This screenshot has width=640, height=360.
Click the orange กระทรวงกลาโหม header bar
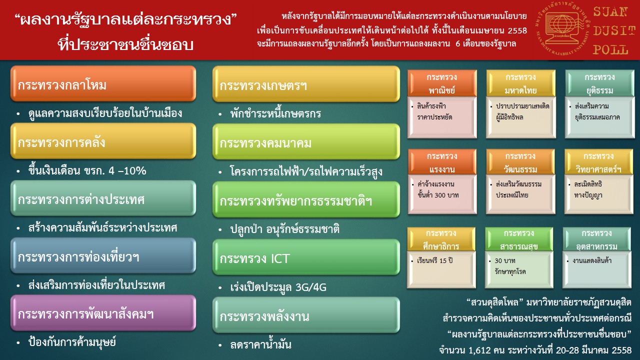(x=103, y=83)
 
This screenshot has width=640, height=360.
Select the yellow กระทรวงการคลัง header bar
(x=103, y=141)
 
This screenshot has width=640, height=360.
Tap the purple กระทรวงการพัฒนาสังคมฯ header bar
(x=103, y=313)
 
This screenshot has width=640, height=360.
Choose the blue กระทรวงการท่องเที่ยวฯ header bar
(x=103, y=255)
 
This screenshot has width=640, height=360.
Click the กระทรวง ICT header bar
(x=306, y=257)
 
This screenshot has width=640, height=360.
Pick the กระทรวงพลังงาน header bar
(x=306, y=315)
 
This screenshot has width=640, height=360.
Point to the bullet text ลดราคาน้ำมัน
(x=260, y=344)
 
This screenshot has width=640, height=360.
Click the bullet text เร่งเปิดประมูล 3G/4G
(x=278, y=287)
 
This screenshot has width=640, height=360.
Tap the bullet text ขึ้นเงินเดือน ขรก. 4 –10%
(x=87, y=170)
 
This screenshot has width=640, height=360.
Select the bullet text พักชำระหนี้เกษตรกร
(x=275, y=113)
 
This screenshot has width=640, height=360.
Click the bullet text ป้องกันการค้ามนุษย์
(x=72, y=341)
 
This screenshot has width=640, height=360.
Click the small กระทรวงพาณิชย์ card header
(x=442, y=83)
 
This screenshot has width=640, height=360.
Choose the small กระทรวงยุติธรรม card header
(x=599, y=83)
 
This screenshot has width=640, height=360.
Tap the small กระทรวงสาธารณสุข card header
(x=519, y=239)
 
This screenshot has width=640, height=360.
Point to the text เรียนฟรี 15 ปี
(x=435, y=260)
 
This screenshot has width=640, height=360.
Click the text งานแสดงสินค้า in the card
(x=592, y=260)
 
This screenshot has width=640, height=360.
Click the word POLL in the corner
(x=610, y=49)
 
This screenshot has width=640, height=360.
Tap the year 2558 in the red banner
(x=517, y=30)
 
